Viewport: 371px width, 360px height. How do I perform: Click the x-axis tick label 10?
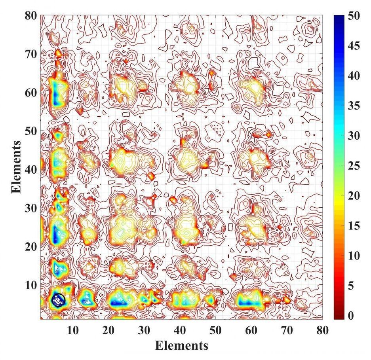pos(72,330)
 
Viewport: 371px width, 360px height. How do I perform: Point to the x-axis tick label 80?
pos(323,330)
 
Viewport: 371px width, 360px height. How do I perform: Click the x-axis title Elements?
pos(181,345)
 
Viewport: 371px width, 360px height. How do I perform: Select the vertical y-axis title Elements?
pos(16,166)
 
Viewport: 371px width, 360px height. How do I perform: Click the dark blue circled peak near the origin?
pos(58,299)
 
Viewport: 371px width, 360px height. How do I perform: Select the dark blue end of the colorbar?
pos(339,18)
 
